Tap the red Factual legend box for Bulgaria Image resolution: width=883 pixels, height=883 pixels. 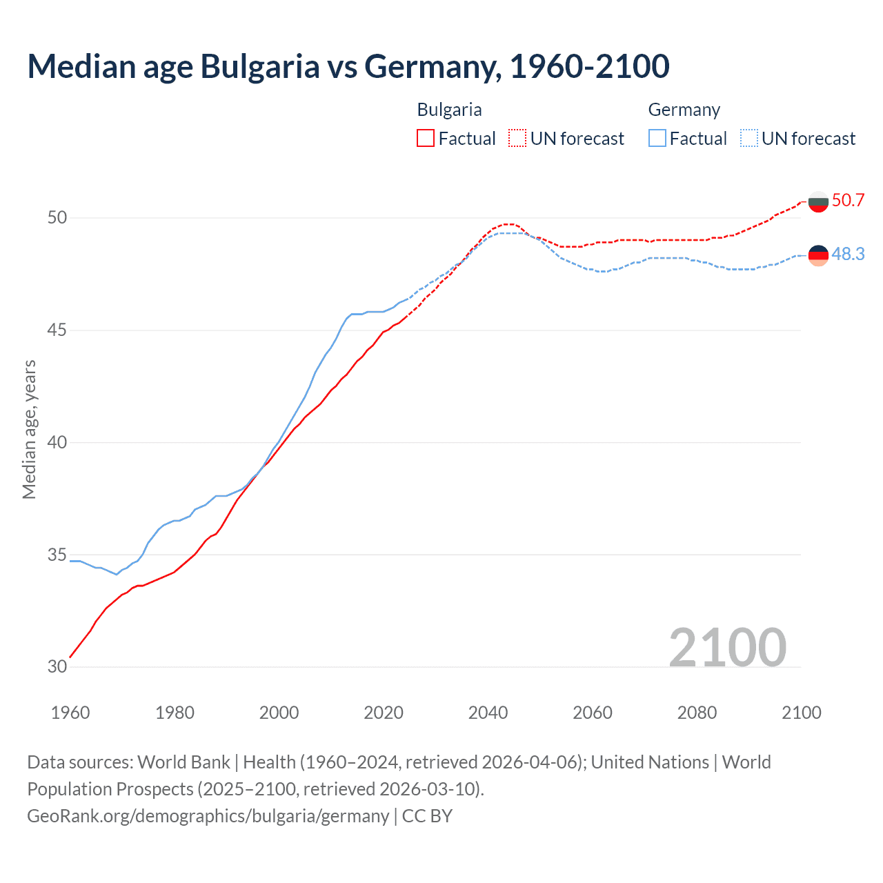[x=426, y=139]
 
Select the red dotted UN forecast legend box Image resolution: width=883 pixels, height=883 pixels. [x=517, y=139]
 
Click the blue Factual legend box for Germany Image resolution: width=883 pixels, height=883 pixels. [x=657, y=139]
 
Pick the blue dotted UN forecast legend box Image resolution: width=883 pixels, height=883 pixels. [x=749, y=139]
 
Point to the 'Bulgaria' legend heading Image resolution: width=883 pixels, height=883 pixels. [x=449, y=110]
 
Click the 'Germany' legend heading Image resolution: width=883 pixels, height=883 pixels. [x=684, y=110]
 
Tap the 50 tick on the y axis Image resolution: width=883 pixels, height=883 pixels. [x=57, y=218]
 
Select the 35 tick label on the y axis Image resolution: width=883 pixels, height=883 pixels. [x=57, y=555]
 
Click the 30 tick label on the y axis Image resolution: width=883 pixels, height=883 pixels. [x=57, y=666]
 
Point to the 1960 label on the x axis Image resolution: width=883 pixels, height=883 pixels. [x=70, y=713]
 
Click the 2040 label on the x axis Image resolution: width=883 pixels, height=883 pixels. [x=488, y=713]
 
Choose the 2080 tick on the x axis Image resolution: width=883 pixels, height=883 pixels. [x=697, y=713]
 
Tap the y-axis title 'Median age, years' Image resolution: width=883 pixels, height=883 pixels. [x=29, y=429]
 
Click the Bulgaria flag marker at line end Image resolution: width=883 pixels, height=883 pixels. [x=818, y=201]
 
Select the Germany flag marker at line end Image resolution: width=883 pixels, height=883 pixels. [x=818, y=255]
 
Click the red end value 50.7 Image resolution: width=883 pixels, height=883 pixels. [x=848, y=201]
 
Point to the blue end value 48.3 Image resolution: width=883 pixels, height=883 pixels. [x=848, y=255]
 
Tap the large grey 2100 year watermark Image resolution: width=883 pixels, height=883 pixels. [x=727, y=647]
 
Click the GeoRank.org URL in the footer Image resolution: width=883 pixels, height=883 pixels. [x=208, y=816]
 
